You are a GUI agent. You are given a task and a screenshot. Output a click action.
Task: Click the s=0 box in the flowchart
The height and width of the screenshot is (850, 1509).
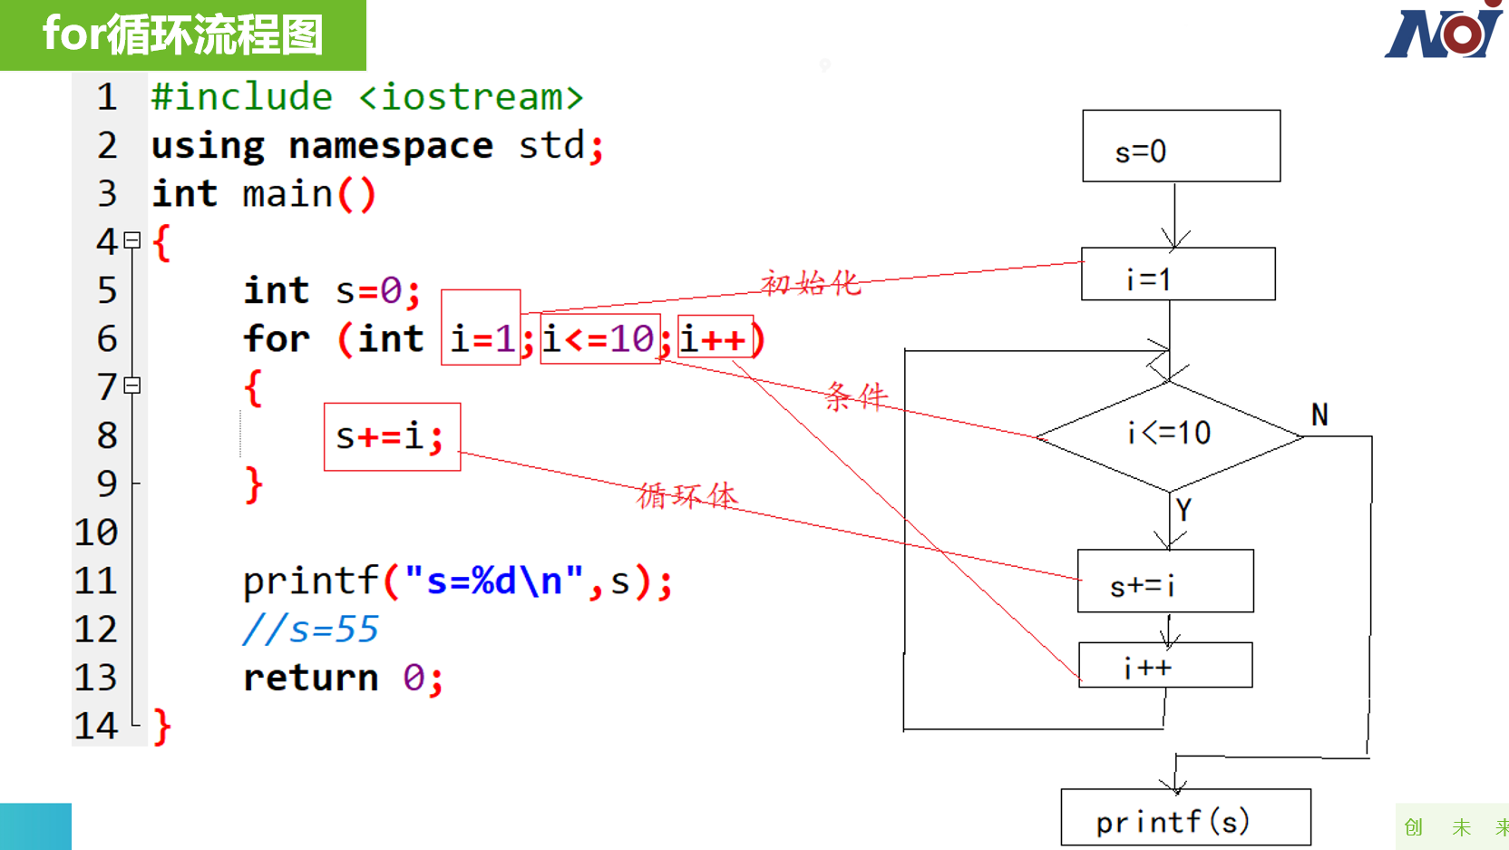point(1182,146)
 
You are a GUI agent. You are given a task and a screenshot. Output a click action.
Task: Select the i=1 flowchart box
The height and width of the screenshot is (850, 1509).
point(1178,274)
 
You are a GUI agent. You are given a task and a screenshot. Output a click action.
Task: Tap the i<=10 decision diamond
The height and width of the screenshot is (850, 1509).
point(1170,436)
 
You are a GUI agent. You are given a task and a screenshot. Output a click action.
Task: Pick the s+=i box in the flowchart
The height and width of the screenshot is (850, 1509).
point(1165,581)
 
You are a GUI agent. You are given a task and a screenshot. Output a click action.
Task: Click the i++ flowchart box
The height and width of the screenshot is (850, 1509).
point(1165,665)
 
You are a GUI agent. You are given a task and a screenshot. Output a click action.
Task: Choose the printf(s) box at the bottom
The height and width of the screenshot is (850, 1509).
point(1185,817)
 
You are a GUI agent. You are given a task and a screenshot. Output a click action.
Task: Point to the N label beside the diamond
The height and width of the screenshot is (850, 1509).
point(1319,415)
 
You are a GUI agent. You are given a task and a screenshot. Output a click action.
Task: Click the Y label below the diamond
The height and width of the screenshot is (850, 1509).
point(1183,510)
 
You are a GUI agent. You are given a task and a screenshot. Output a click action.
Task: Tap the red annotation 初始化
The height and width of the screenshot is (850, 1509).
point(811,283)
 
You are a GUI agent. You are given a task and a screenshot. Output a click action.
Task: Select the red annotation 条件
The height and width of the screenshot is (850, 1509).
point(856,396)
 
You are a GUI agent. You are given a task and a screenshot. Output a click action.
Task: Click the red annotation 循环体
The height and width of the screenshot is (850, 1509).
point(687,496)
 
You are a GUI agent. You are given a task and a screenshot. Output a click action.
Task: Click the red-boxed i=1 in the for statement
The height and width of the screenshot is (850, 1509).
point(481,327)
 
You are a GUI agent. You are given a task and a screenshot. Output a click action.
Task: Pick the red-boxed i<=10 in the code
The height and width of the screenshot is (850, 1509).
point(600,338)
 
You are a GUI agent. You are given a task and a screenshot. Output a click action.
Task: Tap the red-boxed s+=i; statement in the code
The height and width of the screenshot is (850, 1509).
point(392,437)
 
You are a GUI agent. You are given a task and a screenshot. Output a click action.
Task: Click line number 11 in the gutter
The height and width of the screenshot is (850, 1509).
point(95,581)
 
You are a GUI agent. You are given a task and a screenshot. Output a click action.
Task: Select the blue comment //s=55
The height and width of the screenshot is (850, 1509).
point(310,629)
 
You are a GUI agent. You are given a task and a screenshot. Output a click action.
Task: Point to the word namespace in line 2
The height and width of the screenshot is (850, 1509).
point(391,146)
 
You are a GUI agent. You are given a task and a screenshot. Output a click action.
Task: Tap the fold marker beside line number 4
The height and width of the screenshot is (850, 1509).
point(132,240)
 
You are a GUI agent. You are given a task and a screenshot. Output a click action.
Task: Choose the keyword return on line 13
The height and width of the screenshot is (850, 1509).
point(310,678)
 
